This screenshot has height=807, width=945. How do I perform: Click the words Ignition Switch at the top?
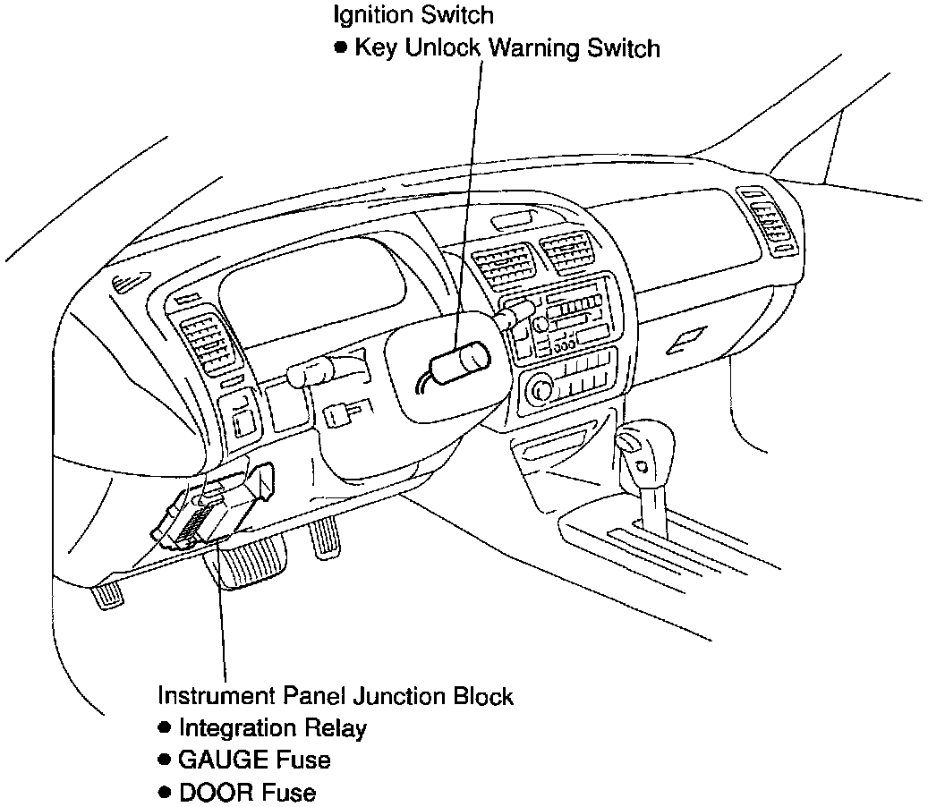[413, 15]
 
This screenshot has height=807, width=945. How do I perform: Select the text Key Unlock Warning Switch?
[507, 47]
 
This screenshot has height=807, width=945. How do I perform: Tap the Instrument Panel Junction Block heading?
[336, 696]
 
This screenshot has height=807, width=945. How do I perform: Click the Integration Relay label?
[272, 728]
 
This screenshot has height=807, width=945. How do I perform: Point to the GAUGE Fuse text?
[254, 760]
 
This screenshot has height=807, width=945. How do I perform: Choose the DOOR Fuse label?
[247, 792]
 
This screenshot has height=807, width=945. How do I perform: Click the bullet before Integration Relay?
[164, 727]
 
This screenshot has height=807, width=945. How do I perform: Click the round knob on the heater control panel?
[541, 387]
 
